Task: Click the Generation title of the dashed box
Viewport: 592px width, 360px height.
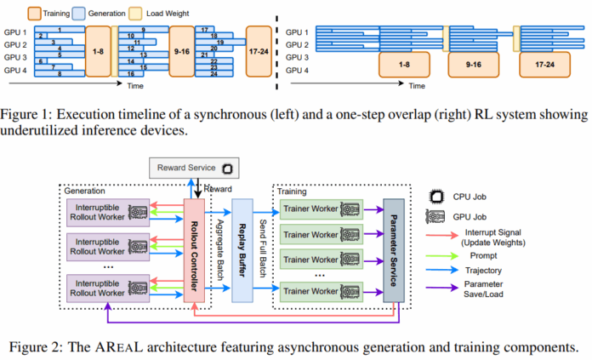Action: pos(86,191)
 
